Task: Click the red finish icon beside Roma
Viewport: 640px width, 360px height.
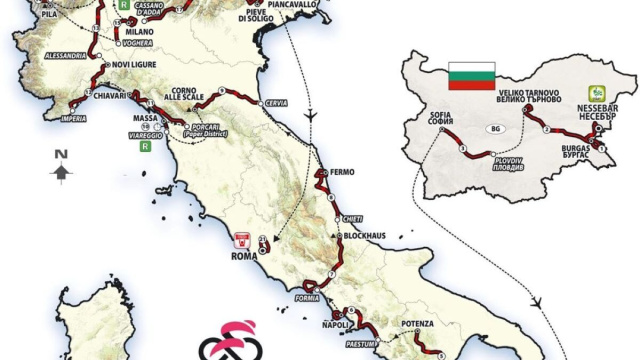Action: point(241,239)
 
